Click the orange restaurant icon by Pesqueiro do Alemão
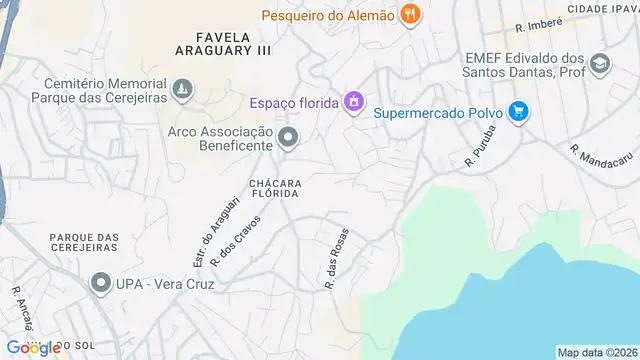coord(408,15)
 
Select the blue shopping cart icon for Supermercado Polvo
coord(517,111)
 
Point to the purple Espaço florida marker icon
coord(352,102)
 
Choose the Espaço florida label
coord(293,102)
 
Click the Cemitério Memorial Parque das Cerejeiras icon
coord(181,92)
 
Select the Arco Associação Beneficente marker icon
coord(288,138)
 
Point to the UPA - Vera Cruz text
coord(165,283)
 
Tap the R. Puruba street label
coord(480,145)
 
